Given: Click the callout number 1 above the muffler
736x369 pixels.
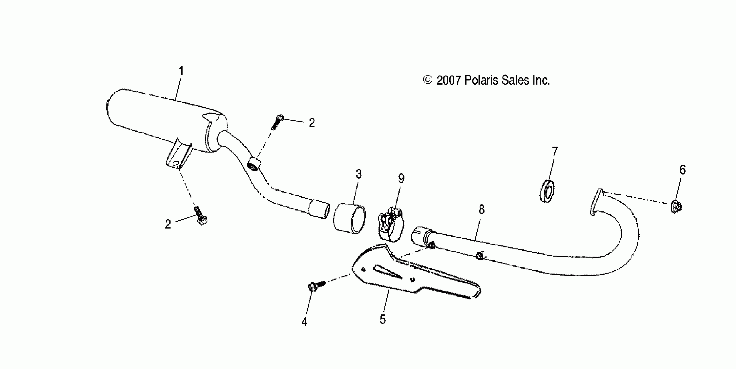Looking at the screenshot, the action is [181, 71].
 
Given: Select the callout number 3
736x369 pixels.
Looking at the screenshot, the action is [359, 174].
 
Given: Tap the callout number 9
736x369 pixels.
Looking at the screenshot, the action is [401, 179].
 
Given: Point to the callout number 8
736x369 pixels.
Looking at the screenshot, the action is [482, 210].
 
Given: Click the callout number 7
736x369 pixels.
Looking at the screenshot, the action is [555, 152].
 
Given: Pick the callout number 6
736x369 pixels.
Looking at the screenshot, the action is [682, 170].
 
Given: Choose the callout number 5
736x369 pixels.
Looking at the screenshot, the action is [383, 319].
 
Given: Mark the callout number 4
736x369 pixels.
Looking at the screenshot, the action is [304, 322].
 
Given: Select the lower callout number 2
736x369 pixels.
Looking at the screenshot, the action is [168, 224].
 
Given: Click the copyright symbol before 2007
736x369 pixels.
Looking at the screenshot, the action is [427, 80].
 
